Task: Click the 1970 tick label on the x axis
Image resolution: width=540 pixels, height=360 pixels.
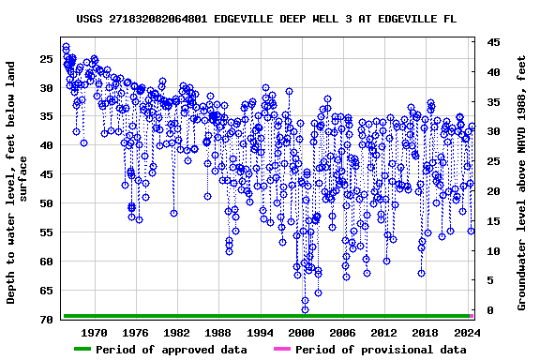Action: tap(94, 332)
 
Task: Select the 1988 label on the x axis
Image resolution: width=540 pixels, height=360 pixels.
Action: tap(218, 332)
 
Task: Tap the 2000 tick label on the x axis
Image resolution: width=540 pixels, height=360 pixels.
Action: tap(301, 332)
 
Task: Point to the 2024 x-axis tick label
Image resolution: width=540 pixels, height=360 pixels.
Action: tap(467, 332)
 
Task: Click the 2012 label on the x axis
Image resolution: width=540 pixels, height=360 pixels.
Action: tap(384, 332)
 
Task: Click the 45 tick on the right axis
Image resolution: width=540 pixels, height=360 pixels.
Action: tap(493, 42)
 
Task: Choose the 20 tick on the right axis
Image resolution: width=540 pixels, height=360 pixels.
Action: tap(493, 191)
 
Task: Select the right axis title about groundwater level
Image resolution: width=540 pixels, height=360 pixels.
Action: tap(521, 183)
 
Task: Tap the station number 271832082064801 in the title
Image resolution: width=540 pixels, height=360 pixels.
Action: tap(160, 19)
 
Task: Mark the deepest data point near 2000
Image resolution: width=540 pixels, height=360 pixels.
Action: tap(305, 309)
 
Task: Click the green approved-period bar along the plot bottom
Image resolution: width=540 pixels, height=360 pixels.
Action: tap(266, 316)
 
